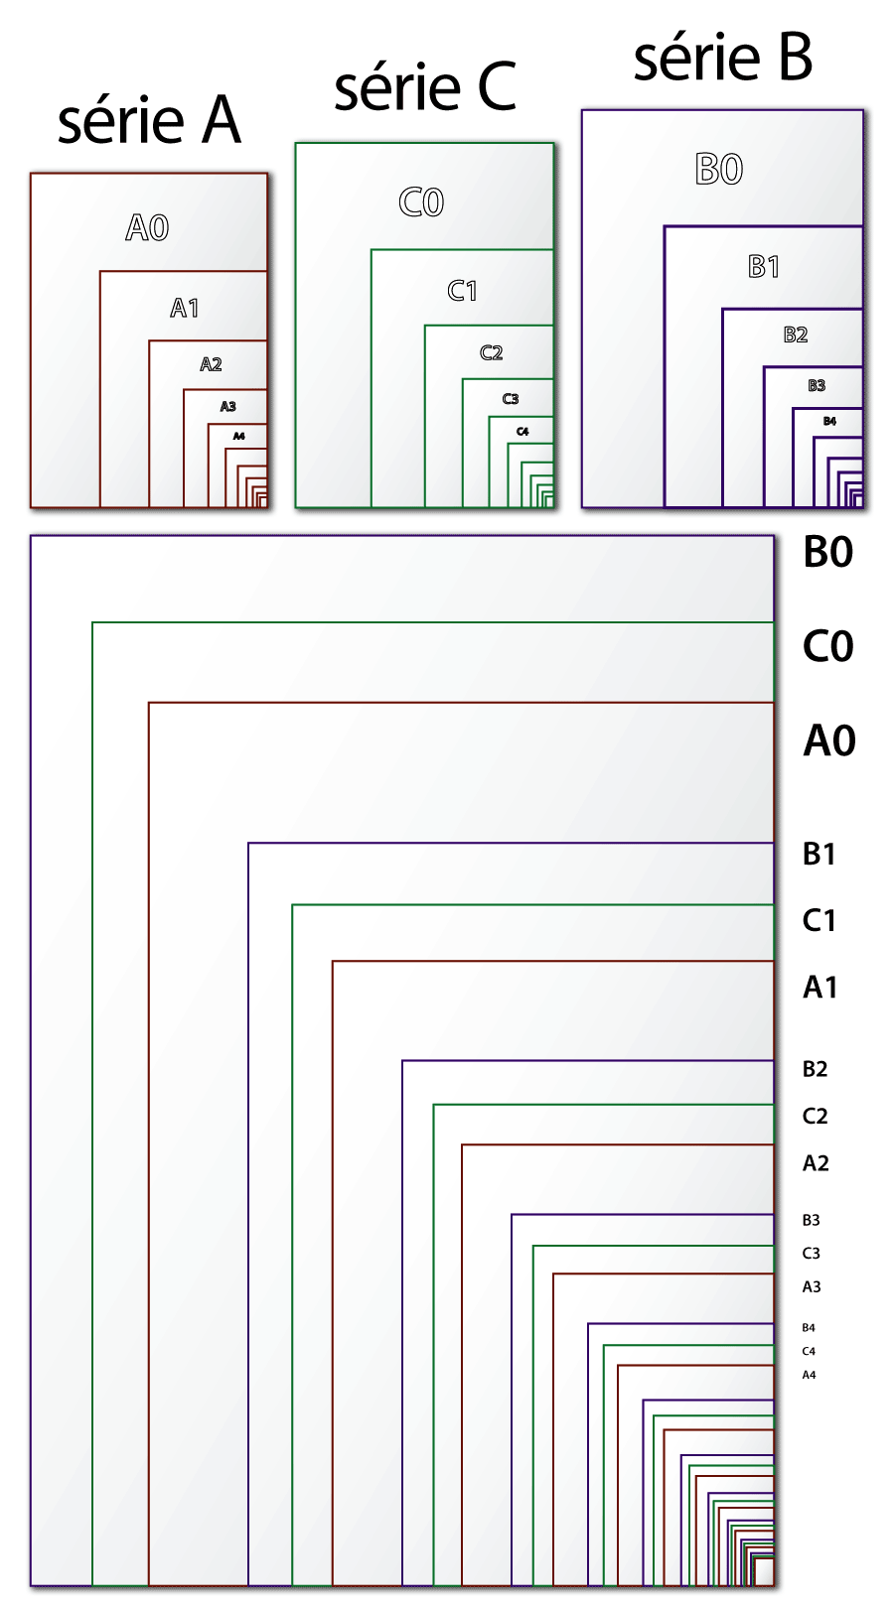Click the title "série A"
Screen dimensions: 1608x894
[x=149, y=122]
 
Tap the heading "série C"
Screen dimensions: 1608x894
[x=425, y=88]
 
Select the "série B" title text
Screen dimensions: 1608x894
[x=723, y=58]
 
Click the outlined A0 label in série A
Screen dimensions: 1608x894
[x=147, y=228]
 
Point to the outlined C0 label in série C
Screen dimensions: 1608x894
[x=421, y=202]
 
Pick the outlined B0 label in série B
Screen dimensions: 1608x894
[x=719, y=170]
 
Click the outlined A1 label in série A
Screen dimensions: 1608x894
[x=185, y=309]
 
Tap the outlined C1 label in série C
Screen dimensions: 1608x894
[x=463, y=291]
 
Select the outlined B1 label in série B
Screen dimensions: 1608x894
[x=764, y=267]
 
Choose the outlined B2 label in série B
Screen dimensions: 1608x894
[x=796, y=335]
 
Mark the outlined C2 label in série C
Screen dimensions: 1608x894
[x=492, y=353]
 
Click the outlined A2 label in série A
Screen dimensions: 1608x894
[x=211, y=365]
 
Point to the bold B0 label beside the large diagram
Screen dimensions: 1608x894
[x=828, y=553]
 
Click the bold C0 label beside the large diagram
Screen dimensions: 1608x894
[x=828, y=647]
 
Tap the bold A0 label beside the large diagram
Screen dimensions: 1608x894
[x=829, y=741]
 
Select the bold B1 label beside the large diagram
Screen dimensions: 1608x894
[x=819, y=855]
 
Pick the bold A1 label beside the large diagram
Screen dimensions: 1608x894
[x=820, y=988]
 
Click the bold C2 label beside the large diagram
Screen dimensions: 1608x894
[x=816, y=1117]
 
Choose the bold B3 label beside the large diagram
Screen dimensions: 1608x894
[x=812, y=1221]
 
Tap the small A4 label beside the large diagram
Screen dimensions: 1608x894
[x=810, y=1376]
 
